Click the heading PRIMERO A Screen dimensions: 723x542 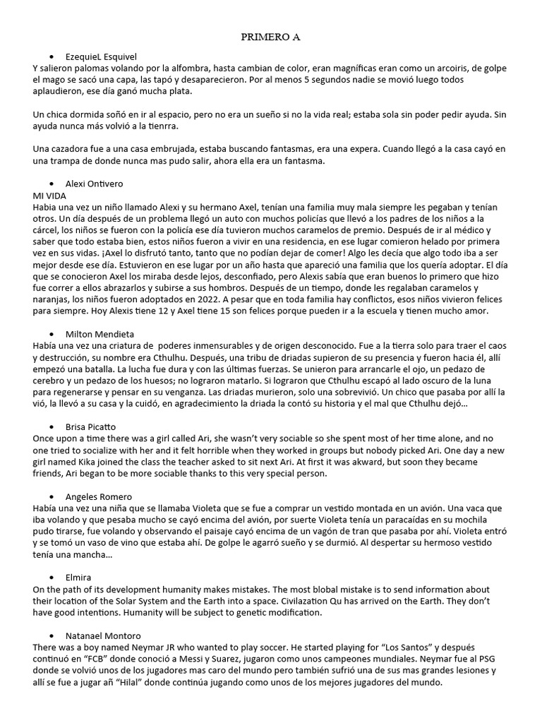coord(271,37)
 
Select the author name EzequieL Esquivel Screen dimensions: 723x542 coord(101,56)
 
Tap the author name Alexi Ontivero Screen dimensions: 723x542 coord(94,184)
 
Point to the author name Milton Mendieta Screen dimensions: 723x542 coord(99,333)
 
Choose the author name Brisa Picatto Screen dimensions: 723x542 coord(90,426)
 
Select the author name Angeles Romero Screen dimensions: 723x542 coord(98,496)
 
